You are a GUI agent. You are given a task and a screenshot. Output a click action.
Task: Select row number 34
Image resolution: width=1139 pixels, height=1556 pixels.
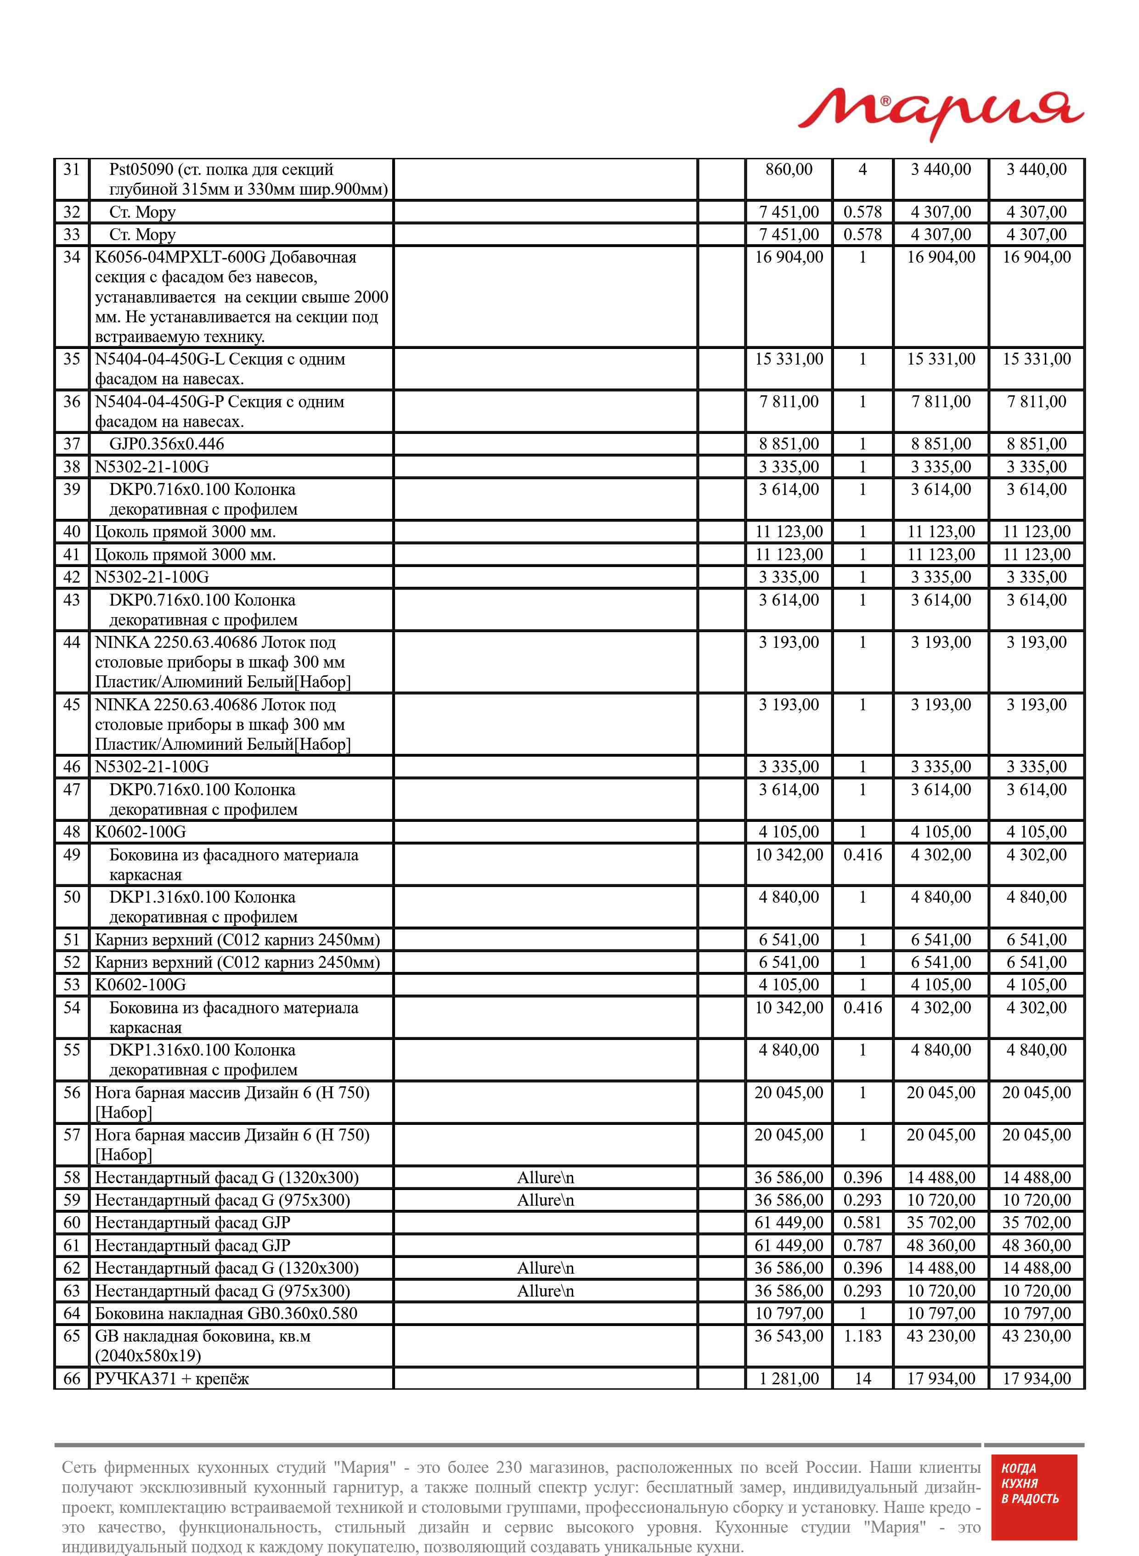tap(72, 257)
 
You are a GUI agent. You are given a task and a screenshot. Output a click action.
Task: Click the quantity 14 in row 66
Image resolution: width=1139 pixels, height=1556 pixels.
tap(863, 1378)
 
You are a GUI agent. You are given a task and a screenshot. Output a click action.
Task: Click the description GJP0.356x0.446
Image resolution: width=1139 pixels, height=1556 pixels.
tap(166, 444)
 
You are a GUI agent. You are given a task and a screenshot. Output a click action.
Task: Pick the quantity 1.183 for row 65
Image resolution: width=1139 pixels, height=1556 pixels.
tap(863, 1336)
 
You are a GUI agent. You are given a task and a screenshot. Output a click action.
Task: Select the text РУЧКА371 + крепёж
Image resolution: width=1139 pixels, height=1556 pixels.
tap(172, 1378)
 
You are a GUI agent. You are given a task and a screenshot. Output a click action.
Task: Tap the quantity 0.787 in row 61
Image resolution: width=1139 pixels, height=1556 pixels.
tap(863, 1245)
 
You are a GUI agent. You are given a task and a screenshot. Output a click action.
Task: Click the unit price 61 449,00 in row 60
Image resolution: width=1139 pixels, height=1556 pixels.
tap(789, 1223)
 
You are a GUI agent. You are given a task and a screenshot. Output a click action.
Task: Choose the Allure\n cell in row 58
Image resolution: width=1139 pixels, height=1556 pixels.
tap(545, 1178)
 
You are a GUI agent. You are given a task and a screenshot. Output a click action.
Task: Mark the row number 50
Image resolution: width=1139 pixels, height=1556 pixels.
tap(72, 897)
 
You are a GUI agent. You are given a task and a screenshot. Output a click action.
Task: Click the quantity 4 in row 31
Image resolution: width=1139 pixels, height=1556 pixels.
tap(863, 169)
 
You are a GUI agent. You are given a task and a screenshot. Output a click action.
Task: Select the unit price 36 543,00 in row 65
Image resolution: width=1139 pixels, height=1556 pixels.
tap(789, 1336)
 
